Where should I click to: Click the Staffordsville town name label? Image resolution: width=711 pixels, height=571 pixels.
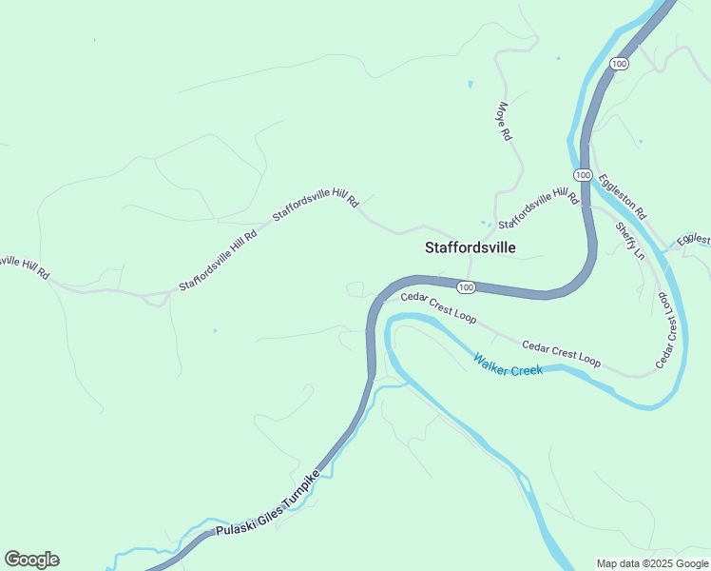[470, 247]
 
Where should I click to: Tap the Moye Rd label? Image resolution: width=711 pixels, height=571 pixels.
[504, 122]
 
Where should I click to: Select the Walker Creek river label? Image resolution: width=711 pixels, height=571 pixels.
[509, 364]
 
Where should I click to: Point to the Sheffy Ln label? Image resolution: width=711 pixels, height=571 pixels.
[629, 242]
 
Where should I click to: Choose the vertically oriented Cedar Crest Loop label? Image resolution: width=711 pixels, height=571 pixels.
[671, 330]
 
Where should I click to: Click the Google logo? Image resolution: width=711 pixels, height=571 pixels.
[31, 560]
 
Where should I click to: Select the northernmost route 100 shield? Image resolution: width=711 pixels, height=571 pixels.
[620, 63]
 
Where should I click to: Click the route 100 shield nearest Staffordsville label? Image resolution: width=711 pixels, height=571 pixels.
[465, 286]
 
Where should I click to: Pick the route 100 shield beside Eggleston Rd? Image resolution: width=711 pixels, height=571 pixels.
[583, 175]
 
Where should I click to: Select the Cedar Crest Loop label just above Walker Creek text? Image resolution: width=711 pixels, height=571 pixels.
[561, 352]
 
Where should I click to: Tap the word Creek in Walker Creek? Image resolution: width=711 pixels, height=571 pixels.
[525, 368]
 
